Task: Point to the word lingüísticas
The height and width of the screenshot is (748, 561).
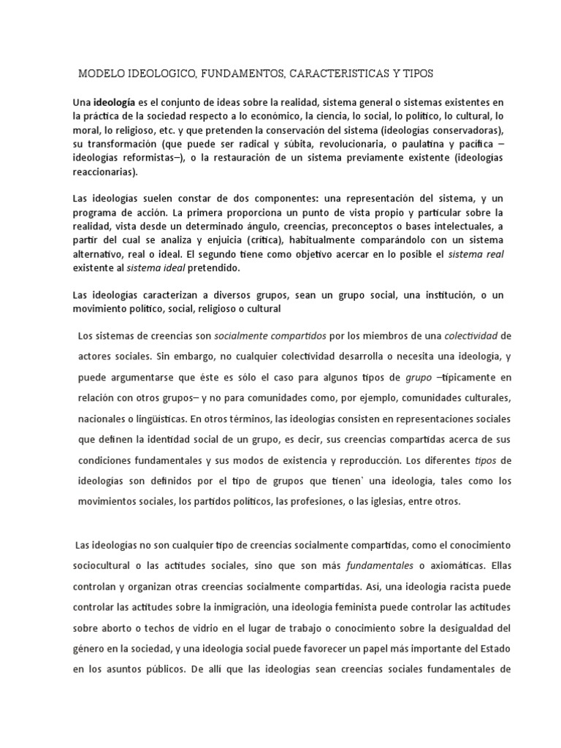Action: [156, 420]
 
